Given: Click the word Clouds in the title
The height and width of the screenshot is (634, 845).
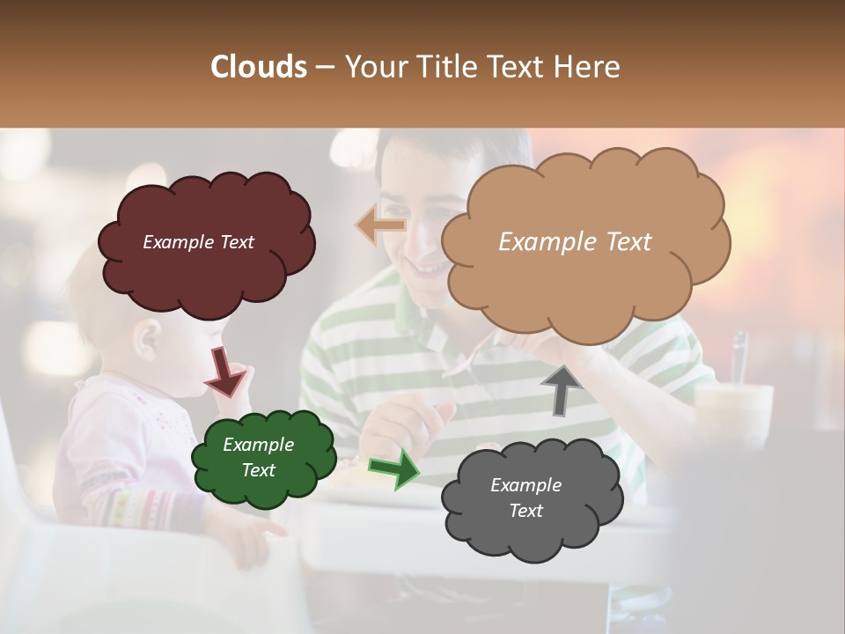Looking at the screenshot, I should point(259,67).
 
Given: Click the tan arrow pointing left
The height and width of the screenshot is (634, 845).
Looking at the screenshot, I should point(380,225).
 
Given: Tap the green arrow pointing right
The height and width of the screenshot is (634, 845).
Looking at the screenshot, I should point(394,468).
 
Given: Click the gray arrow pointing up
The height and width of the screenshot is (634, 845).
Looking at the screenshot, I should point(561,389).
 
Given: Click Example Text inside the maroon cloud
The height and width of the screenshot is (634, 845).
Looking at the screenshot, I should point(198,242).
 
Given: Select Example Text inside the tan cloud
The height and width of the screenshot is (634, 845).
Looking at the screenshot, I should point(575,242).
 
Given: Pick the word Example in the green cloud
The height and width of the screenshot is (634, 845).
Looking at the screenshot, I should point(258,445).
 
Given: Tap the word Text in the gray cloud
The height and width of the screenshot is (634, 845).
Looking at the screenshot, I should point(526,511).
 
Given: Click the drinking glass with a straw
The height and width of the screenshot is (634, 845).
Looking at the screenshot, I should point(733,405).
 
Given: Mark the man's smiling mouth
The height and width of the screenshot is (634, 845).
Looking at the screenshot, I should point(429,267).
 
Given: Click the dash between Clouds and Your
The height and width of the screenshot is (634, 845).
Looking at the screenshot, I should point(324,68).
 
